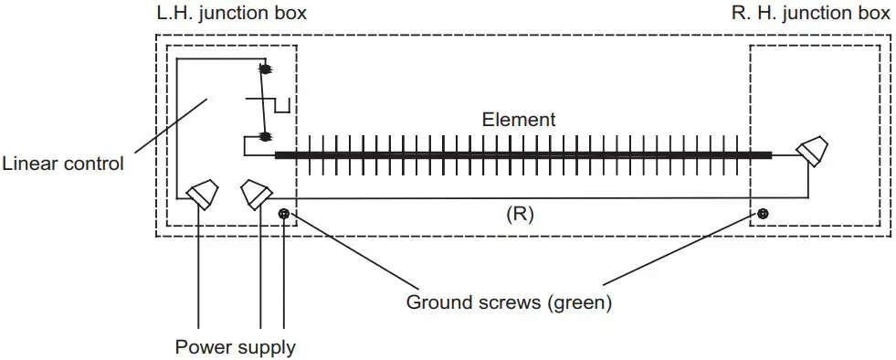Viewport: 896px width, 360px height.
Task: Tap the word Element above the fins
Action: coord(519,120)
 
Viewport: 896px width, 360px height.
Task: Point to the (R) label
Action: coord(519,217)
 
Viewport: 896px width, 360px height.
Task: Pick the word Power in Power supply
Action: coord(201,348)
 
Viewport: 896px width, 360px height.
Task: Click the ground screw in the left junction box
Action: coord(285,214)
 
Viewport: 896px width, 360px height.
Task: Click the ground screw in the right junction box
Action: coord(763,214)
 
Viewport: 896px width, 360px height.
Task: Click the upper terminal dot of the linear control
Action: coord(267,69)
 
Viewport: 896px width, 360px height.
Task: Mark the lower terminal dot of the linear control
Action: coord(267,137)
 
